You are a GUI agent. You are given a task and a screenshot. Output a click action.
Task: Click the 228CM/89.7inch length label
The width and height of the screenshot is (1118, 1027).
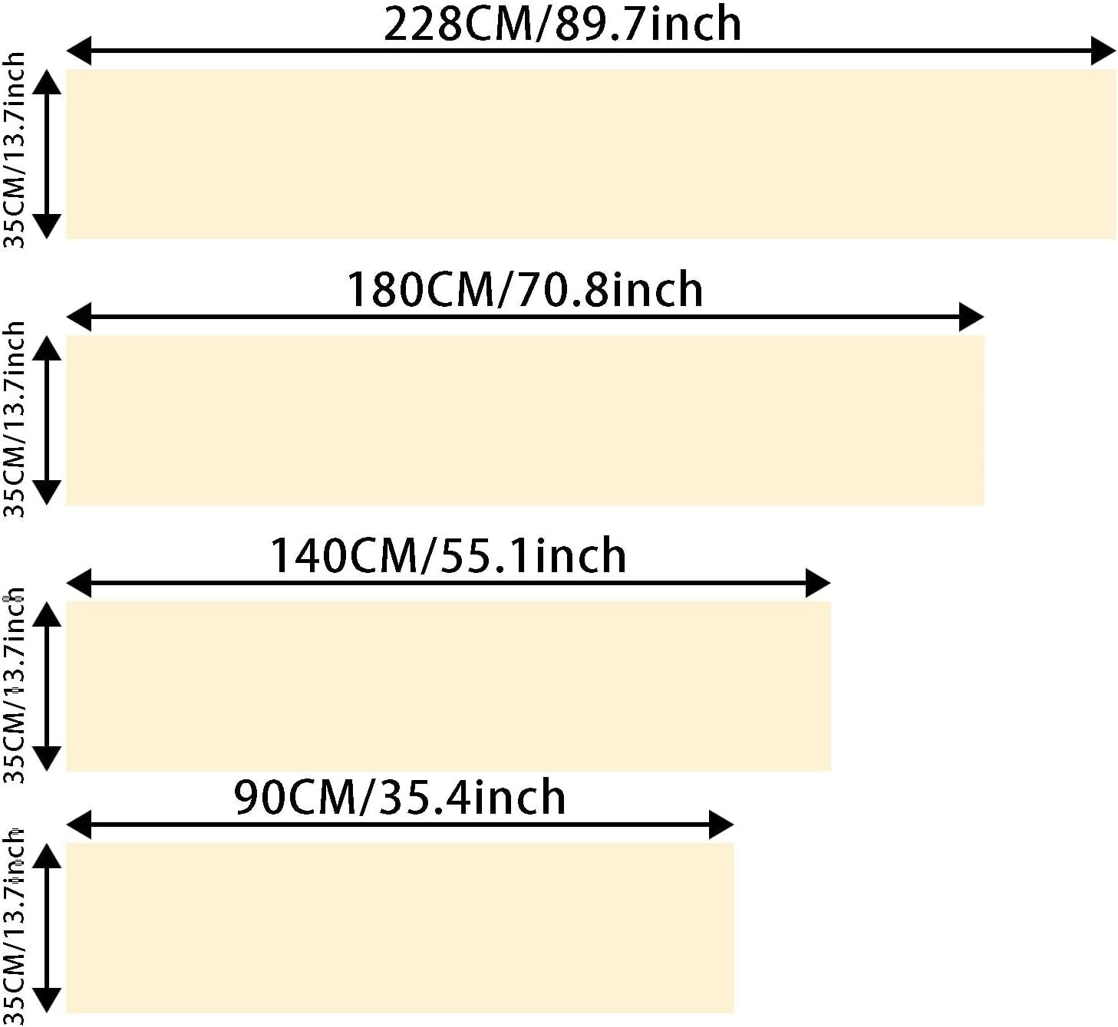(x=562, y=24)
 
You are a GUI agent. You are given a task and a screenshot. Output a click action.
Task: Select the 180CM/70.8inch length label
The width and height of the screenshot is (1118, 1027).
(x=524, y=289)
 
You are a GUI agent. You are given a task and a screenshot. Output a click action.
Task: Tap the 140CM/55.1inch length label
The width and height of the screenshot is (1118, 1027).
(x=448, y=555)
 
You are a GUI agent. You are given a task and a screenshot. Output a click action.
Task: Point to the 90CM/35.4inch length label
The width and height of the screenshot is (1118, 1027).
(x=400, y=797)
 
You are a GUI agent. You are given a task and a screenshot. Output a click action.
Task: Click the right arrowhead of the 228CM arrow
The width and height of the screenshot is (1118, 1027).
(x=1103, y=51)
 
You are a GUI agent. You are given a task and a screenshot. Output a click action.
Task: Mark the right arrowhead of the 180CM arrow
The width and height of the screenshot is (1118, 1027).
(x=971, y=317)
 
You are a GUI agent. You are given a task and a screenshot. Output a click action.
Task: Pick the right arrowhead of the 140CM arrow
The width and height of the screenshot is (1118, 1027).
(x=818, y=584)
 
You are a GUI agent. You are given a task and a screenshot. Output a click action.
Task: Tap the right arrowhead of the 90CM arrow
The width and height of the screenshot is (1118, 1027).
(x=721, y=825)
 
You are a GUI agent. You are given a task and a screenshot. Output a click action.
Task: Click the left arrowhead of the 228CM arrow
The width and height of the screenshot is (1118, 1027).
(x=79, y=51)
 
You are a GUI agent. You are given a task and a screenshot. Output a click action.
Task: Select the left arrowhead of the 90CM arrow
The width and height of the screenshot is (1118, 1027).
(x=79, y=825)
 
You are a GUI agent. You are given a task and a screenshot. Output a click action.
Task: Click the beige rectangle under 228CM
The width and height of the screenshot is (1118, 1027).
(x=592, y=154)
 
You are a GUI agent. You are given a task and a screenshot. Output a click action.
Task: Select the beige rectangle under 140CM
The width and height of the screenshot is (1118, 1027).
(x=449, y=686)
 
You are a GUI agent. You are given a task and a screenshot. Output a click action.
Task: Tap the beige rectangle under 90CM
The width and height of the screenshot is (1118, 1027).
(x=400, y=928)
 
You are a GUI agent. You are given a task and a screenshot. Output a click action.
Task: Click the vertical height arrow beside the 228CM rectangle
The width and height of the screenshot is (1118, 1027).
(x=48, y=154)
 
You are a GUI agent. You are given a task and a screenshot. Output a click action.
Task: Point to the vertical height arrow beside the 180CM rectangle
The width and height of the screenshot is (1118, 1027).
(x=48, y=420)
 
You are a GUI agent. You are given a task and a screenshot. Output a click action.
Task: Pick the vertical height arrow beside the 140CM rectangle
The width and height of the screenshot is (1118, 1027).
(x=48, y=686)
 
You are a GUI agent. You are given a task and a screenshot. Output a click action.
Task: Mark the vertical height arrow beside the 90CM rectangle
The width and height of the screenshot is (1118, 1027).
(x=48, y=928)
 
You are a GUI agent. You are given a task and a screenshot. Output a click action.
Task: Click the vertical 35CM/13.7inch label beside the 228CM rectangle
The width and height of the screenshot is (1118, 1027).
(x=15, y=150)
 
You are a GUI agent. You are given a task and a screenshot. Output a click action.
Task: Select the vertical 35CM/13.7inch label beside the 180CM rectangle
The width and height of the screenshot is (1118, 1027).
(x=15, y=419)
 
